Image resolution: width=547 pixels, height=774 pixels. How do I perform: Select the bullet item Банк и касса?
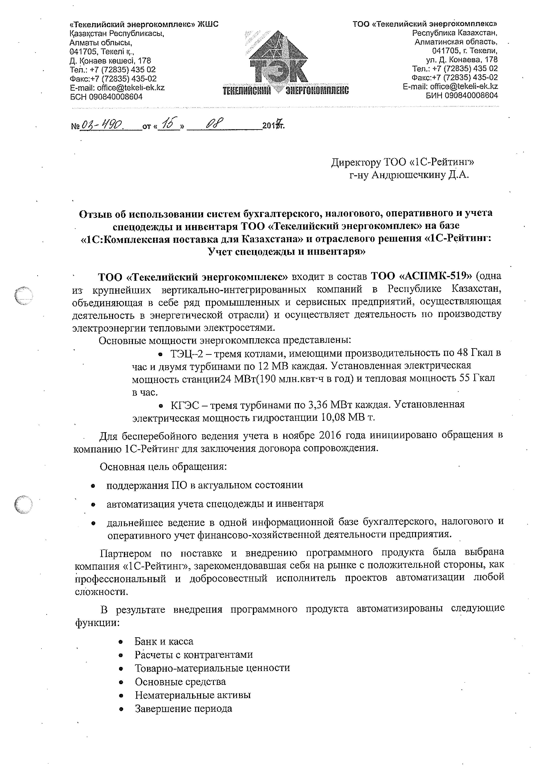[164, 641]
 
